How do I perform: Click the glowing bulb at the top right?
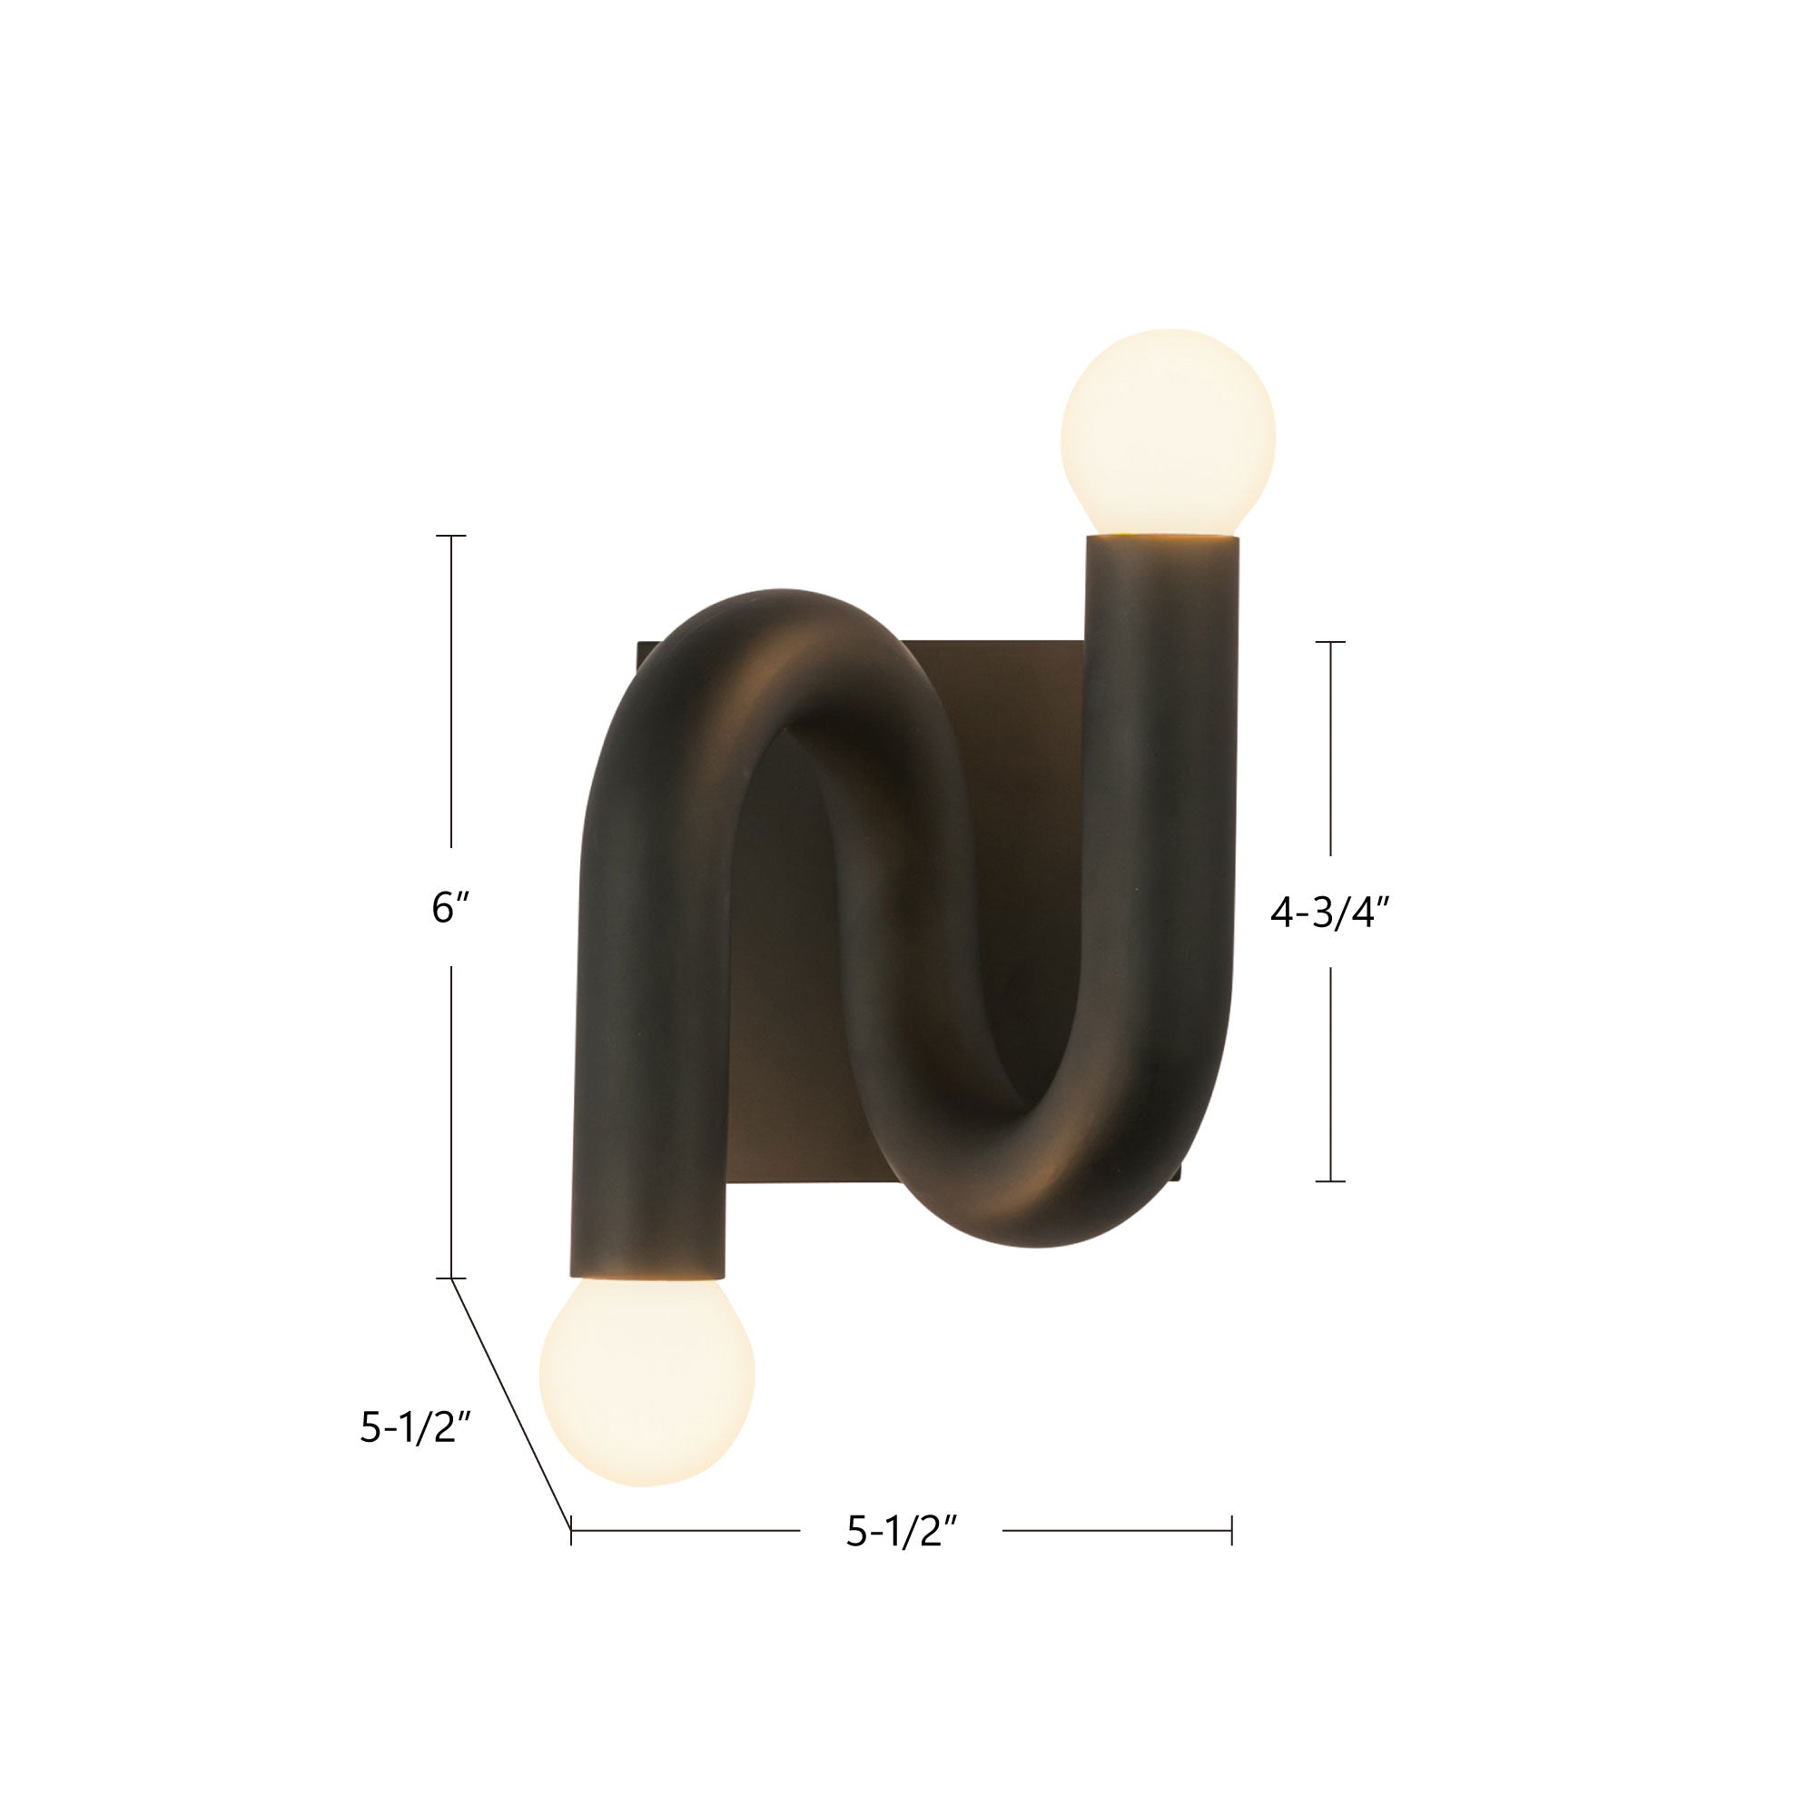pos(1168,433)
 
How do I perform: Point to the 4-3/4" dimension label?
pos(1329,913)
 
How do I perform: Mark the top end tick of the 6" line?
pos(452,536)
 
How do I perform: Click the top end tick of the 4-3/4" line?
pos(1330,642)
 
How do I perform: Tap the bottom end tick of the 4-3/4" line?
pos(1330,1179)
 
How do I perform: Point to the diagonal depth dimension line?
pos(512,1406)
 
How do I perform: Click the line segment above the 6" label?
pos(452,691)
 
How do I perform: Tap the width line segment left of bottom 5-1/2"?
pos(686,1531)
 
